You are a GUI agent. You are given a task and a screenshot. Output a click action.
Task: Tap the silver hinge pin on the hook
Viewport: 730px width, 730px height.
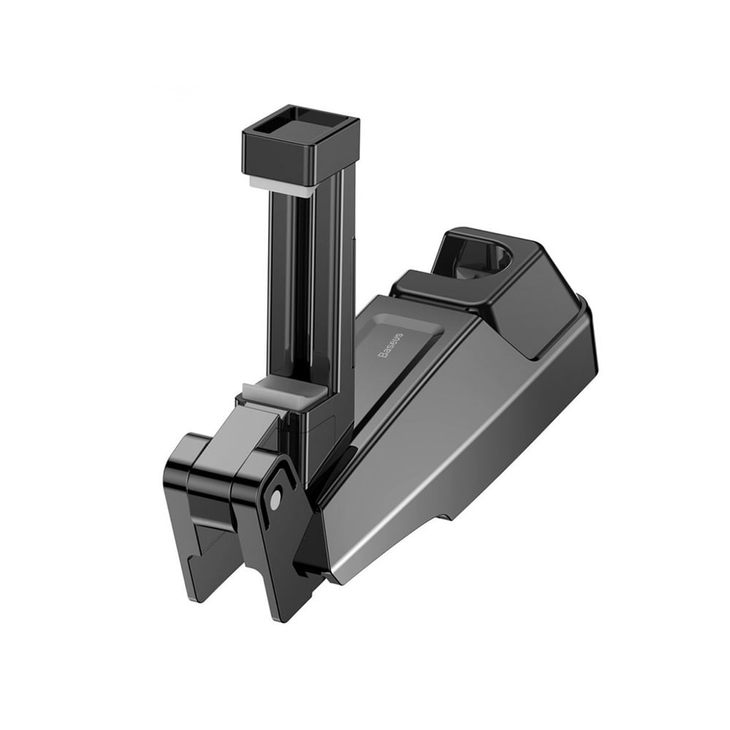pyautogui.click(x=275, y=498)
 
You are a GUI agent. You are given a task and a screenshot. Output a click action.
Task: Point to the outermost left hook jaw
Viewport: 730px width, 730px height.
pyautogui.click(x=179, y=511)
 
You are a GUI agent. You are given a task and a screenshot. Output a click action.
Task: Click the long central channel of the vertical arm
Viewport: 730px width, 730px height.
pyautogui.click(x=303, y=292)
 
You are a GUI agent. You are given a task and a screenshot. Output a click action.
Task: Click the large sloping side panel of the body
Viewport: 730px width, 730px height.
pyautogui.click(x=453, y=453)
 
